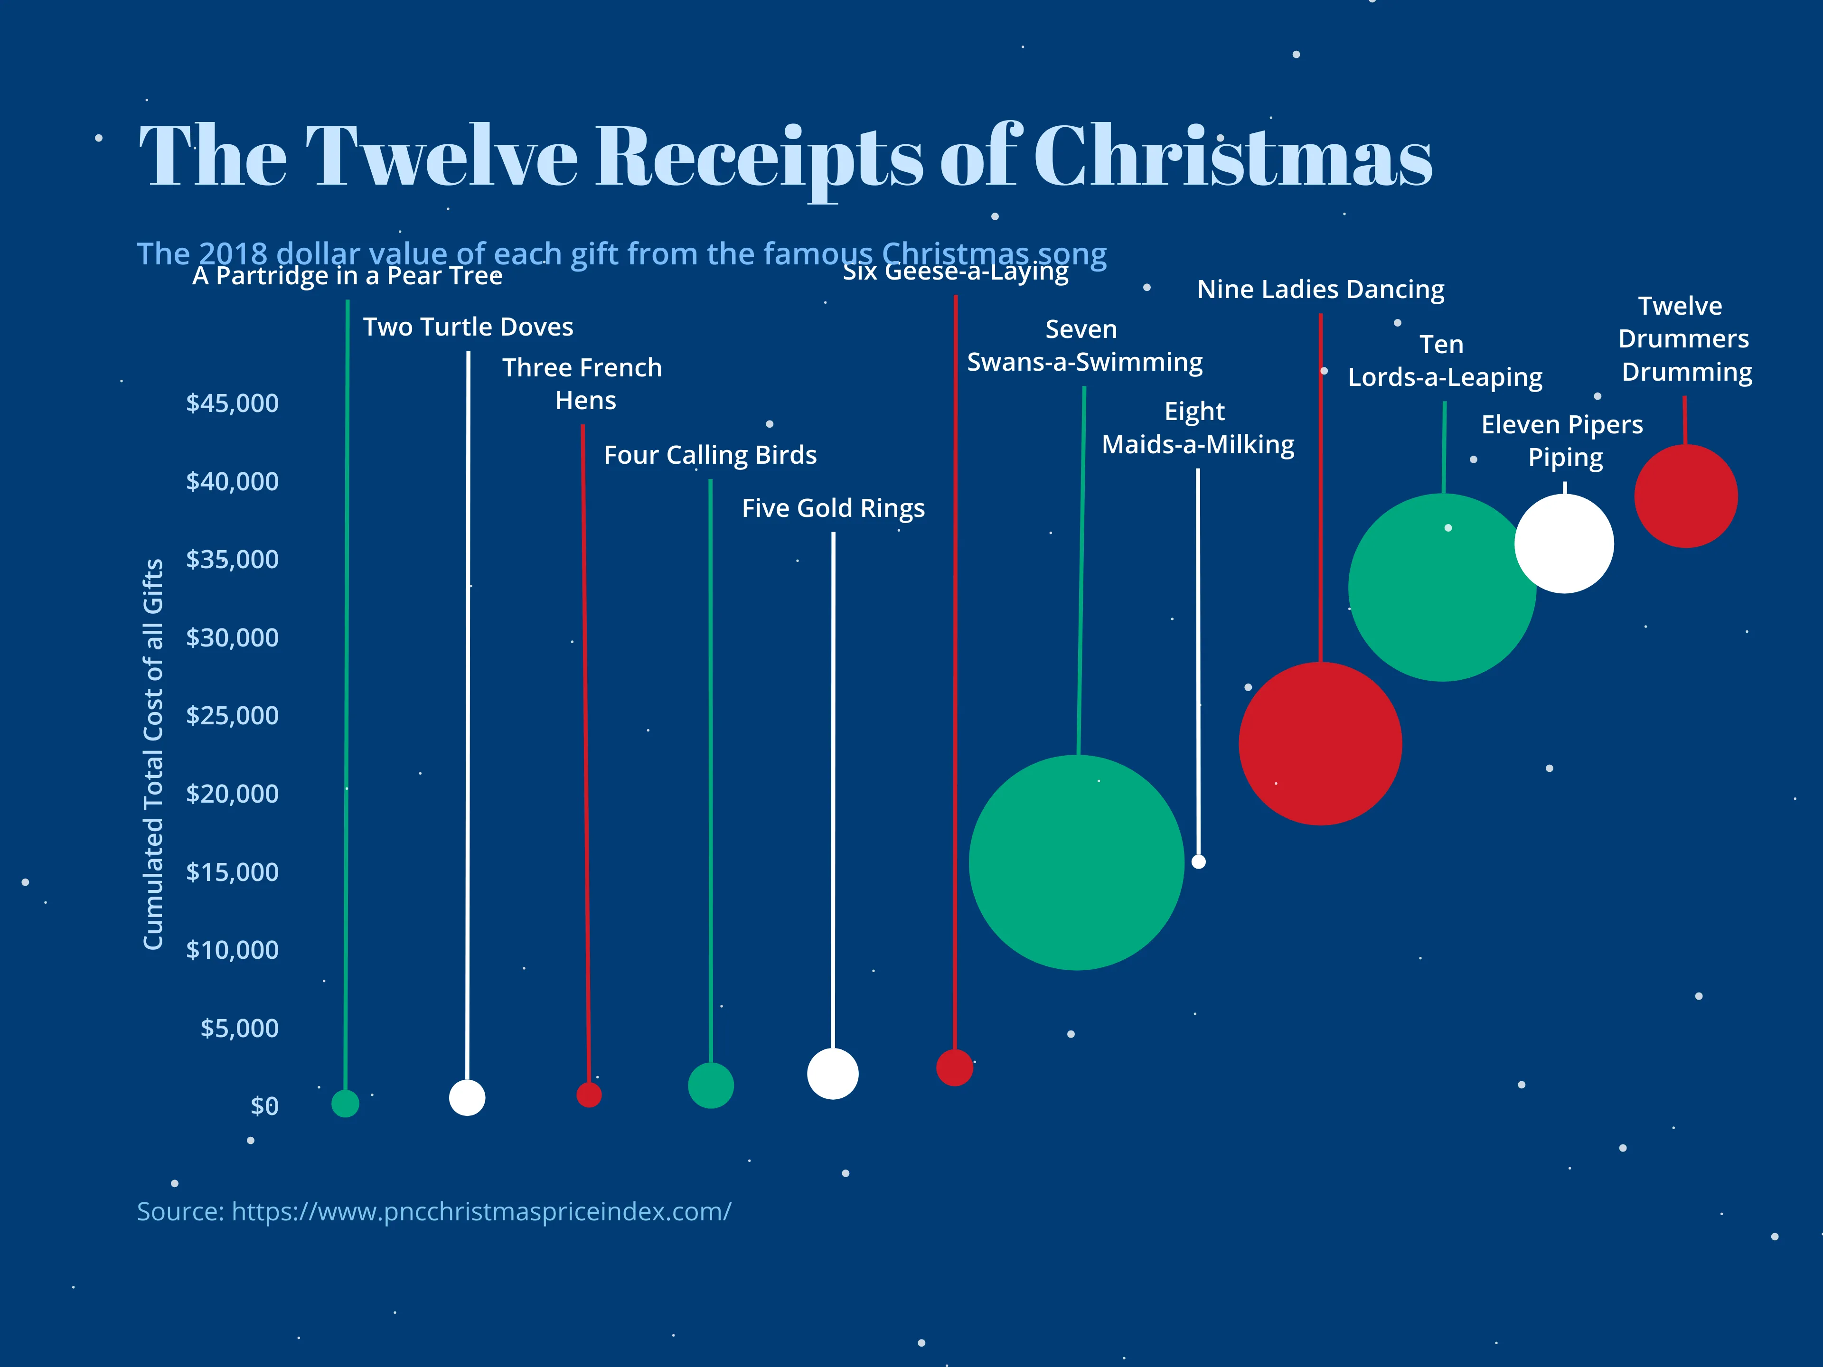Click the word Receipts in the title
pos(758,157)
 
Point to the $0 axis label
pos(264,1106)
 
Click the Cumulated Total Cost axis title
pos(153,754)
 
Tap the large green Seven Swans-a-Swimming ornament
pos(1076,862)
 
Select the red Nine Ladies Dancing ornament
pos(1320,743)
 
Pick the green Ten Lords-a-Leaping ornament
pos(1442,587)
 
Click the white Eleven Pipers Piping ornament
pos(1563,543)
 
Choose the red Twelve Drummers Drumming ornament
pos(1685,496)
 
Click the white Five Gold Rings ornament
pos(832,1074)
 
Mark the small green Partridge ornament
pos(345,1103)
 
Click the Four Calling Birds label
pos(710,455)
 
